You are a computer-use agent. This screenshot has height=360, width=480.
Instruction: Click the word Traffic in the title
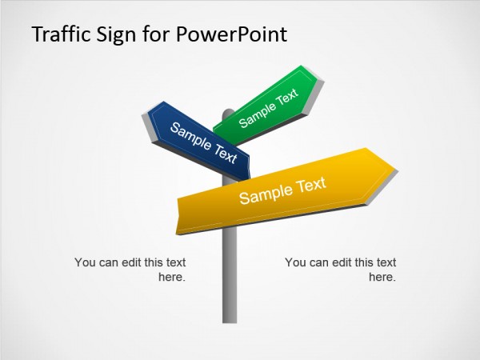point(57,34)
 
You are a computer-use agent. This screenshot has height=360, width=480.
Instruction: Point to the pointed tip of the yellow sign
point(395,167)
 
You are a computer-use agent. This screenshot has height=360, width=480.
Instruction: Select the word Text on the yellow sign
point(311,186)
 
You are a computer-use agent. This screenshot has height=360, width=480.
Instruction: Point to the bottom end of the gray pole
point(230,320)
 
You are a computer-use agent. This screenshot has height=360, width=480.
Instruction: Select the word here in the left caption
point(173,278)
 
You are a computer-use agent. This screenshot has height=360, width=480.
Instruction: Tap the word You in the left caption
point(84,262)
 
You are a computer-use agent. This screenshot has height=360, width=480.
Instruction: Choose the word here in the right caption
point(382,278)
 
